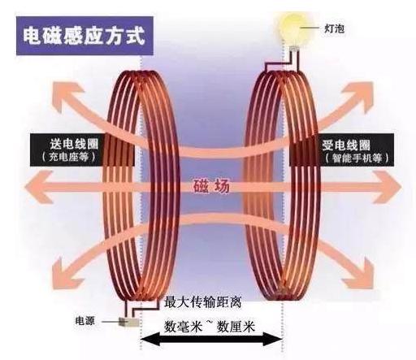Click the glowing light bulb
coord(292,28)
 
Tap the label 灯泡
coord(335,28)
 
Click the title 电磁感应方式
coord(84,36)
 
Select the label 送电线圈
coord(74,144)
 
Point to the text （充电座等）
coord(69,157)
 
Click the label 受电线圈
coord(346,145)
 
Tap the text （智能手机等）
coord(357,158)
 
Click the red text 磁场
coord(212,186)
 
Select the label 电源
coord(85,321)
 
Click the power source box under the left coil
coord(129,322)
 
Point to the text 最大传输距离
coord(202,303)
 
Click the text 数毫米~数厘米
coord(210,327)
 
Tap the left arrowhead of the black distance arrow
coord(149,340)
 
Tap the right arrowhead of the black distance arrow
coord(274,340)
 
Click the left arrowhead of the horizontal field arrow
coord(38,187)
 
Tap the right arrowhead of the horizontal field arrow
coord(388,187)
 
